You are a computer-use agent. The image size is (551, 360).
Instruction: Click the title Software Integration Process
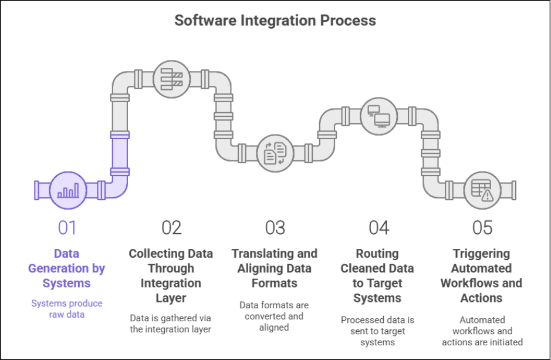[275, 21]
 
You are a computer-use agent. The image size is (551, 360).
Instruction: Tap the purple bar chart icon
[67, 190]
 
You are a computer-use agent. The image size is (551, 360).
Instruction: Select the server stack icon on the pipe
[170, 78]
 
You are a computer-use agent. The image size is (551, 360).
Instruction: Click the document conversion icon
[275, 152]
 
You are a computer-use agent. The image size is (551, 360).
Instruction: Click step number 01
[67, 227]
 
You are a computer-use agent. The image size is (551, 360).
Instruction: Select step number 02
[171, 227]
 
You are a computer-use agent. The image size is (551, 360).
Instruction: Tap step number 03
[275, 227]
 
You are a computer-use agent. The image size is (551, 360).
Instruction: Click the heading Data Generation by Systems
[67, 268]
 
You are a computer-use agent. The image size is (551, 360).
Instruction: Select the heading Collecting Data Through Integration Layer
[171, 276]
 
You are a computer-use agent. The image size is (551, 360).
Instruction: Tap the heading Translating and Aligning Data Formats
[275, 268]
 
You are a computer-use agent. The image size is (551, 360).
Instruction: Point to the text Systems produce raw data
[67, 309]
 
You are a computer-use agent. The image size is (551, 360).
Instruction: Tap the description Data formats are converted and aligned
[275, 317]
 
